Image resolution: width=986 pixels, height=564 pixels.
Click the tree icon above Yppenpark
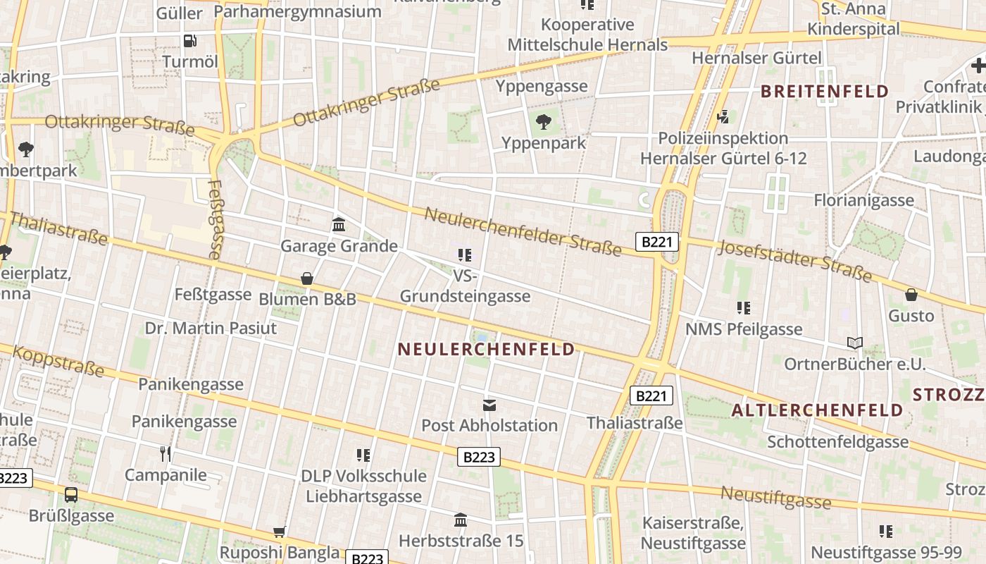point(543,122)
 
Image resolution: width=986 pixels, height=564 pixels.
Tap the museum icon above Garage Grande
point(339,224)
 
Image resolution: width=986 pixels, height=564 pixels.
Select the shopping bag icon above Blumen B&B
point(307,278)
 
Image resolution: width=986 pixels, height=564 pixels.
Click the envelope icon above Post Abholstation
point(489,405)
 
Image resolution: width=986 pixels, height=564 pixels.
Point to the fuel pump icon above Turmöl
point(189,41)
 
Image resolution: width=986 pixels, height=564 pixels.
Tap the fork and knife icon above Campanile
point(166,453)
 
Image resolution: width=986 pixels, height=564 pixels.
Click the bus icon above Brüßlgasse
point(71,494)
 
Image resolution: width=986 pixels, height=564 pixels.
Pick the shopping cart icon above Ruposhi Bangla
point(280,531)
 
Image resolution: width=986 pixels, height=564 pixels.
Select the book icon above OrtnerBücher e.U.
point(855,343)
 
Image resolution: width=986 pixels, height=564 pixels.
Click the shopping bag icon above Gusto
point(911,295)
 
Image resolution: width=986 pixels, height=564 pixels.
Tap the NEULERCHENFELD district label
point(486,350)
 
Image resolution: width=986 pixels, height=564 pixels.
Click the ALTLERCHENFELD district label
point(817,410)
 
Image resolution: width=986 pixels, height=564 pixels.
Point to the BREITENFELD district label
point(825,91)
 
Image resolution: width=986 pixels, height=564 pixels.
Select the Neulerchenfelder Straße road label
point(523,232)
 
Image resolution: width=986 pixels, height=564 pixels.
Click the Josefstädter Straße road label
point(794,260)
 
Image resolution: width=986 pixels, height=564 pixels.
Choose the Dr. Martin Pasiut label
point(211,328)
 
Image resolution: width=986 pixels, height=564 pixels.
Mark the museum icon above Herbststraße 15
point(461,520)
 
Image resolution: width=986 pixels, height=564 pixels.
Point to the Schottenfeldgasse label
point(837,442)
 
